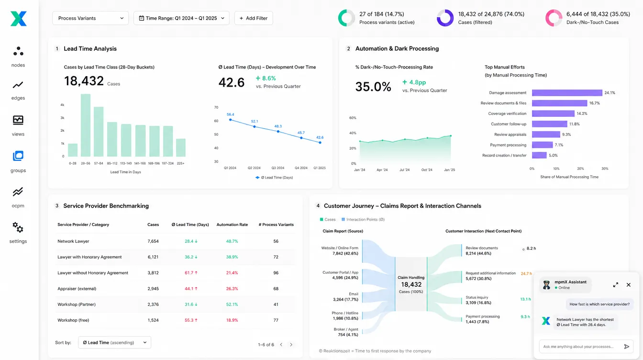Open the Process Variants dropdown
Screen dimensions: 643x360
90,18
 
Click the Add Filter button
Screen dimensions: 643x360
254,18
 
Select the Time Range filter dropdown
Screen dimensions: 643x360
181,18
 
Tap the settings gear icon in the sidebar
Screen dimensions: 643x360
18,227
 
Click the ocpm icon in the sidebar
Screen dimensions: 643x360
18,191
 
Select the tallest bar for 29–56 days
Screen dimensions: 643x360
86,125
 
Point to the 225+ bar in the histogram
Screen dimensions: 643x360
180,147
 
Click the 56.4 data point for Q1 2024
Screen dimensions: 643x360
230,120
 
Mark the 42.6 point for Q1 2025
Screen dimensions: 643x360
320,143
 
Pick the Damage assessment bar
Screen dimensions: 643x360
567,93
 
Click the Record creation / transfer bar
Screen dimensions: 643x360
539,156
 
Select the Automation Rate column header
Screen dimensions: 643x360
232,225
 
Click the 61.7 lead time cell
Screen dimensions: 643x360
191,273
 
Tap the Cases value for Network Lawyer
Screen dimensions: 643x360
153,241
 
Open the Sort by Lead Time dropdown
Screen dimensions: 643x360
114,342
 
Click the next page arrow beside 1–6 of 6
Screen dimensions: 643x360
291,345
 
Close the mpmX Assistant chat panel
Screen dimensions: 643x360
628,285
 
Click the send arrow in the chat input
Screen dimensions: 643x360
626,347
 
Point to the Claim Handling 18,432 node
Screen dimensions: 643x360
411,284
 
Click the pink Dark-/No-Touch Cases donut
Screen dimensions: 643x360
554,18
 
